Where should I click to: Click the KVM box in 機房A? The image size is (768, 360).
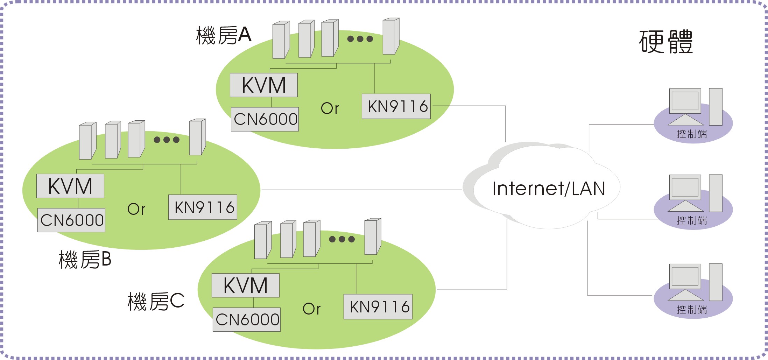point(264,85)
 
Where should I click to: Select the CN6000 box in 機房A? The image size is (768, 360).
point(265,119)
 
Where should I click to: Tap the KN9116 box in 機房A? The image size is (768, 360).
point(396,106)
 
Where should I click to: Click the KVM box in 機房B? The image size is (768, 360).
point(70,186)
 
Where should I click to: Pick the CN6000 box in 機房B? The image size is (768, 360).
point(71,220)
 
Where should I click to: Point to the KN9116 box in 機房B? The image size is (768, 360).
point(203,207)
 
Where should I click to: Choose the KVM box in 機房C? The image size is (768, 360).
point(246,285)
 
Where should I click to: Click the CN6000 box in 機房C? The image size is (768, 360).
point(247,319)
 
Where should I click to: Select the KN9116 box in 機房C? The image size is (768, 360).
point(378,306)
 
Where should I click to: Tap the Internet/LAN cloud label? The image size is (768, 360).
point(548,189)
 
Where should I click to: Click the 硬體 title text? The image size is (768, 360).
point(665,42)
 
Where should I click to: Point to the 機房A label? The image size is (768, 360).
point(224,35)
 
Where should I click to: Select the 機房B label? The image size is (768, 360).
point(85,260)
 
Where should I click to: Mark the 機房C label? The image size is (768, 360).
point(156,301)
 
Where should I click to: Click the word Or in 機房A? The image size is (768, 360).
point(330,108)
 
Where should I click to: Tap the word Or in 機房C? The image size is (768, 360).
point(311,309)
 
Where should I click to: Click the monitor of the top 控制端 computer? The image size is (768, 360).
point(685,101)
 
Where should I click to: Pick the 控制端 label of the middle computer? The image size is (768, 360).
point(692,220)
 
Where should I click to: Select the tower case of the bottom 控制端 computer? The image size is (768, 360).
point(716,282)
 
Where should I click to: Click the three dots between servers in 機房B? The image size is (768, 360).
point(167,140)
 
